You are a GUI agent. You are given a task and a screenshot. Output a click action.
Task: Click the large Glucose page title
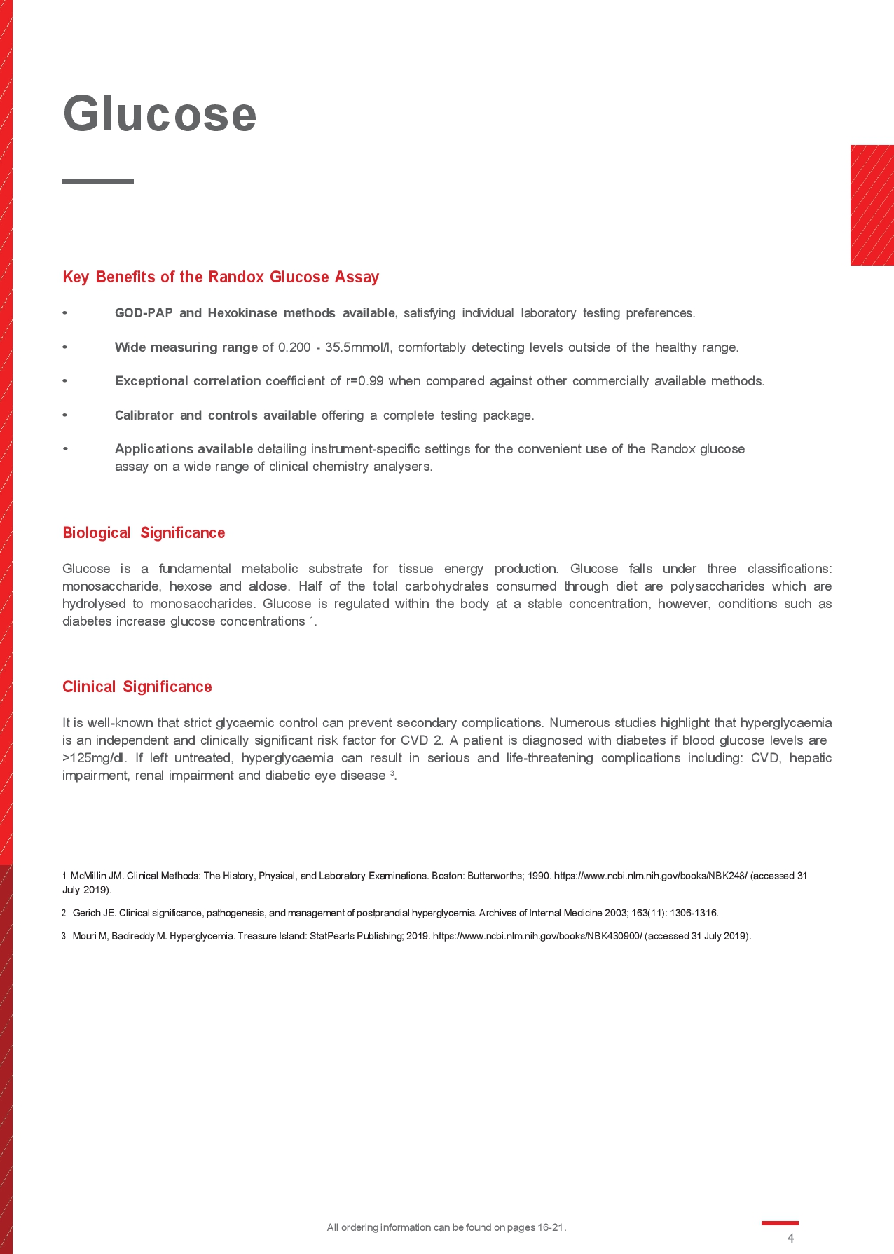pos(160,113)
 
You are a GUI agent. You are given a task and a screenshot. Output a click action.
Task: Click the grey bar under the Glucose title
pos(97,181)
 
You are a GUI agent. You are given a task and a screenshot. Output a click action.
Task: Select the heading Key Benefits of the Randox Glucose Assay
pos(221,277)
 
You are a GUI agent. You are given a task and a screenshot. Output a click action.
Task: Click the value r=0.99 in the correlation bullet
pos(364,381)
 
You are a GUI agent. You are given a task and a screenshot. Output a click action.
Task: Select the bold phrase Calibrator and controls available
pos(215,415)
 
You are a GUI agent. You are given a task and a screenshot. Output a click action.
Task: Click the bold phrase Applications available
pos(184,448)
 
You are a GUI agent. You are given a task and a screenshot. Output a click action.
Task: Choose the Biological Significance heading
pos(144,533)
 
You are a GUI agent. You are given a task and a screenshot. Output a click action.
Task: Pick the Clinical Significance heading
pos(137,687)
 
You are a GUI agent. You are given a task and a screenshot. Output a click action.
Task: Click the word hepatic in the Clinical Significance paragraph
pos(811,758)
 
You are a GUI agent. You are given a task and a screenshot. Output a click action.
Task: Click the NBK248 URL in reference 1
pos(650,876)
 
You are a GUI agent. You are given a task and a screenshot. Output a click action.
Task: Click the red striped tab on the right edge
pos(872,205)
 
